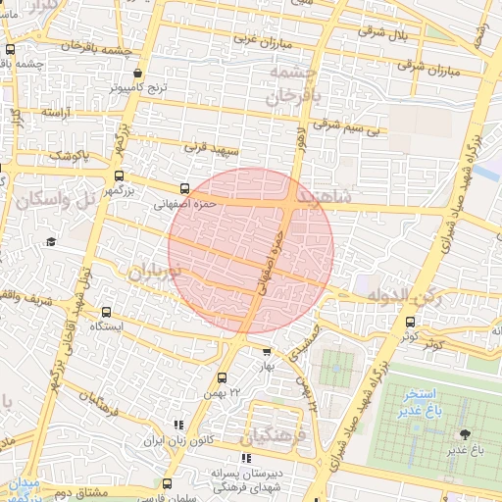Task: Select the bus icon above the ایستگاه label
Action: tap(107, 312)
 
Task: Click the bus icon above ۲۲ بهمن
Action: tap(222, 376)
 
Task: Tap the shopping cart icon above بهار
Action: tap(266, 350)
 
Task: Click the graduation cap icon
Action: tap(50, 241)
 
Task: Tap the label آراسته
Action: tap(56, 113)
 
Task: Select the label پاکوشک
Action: tap(70, 156)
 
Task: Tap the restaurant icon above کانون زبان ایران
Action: tap(177, 425)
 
